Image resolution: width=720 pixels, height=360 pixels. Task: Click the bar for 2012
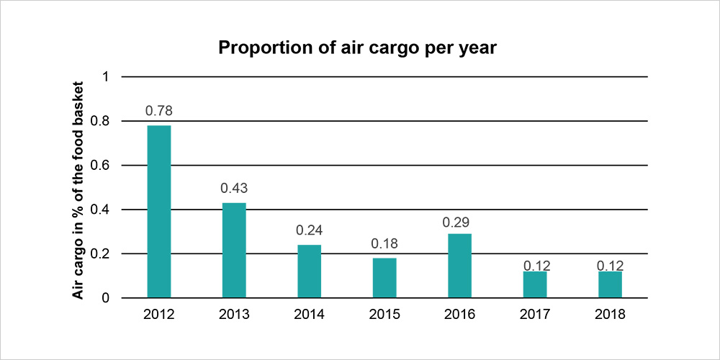click(x=159, y=211)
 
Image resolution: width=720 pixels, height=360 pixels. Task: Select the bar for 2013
click(x=234, y=250)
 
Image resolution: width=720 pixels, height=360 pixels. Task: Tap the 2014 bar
click(x=309, y=271)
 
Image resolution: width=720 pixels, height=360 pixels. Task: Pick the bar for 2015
click(x=384, y=277)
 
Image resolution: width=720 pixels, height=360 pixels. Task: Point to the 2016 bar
click(x=459, y=265)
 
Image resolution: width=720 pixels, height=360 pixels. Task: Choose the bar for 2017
click(x=535, y=284)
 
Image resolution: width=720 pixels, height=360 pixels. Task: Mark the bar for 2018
click(x=610, y=284)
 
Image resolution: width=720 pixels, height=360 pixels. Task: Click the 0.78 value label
click(x=159, y=111)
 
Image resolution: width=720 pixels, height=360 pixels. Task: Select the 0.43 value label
click(x=234, y=189)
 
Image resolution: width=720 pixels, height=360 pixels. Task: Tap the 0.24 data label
click(x=309, y=230)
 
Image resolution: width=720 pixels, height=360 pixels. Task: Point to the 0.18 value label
click(x=384, y=243)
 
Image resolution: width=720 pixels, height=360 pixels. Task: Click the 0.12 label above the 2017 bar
click(x=535, y=266)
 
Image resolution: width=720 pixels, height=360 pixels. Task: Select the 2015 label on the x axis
click(x=384, y=315)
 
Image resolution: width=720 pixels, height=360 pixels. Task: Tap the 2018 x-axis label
click(x=610, y=315)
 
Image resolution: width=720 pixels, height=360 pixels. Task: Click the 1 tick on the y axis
click(x=105, y=76)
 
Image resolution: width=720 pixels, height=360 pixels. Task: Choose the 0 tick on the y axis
click(x=105, y=298)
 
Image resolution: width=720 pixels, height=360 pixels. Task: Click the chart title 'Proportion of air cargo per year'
click(x=358, y=48)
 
